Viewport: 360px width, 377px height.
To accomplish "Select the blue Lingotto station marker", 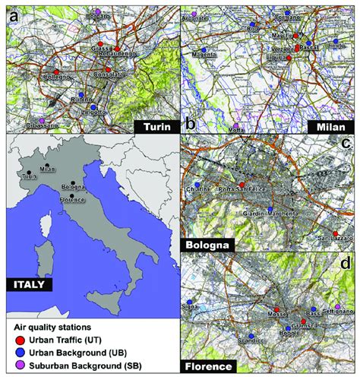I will pyautogui.click(x=93, y=107).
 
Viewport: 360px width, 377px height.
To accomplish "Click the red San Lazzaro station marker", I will pyautogui.click(x=335, y=233).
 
